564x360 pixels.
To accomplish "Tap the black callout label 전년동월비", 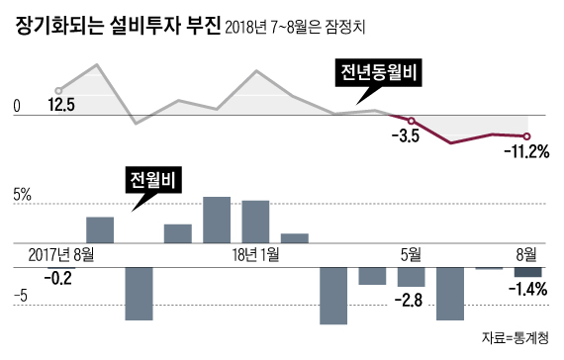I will click(377, 74).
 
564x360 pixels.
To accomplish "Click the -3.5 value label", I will click(407, 136).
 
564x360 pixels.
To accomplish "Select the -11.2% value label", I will click(526, 152).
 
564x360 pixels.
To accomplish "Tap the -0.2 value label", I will click(59, 278).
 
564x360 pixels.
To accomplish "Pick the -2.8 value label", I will click(409, 300).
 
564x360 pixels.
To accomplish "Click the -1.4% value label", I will click(527, 289).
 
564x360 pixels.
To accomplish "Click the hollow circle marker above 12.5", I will click(58, 89).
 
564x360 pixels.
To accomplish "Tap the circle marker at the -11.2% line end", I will click(527, 136).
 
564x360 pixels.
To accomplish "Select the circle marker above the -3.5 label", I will click(412, 121).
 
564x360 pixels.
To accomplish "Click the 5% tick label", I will click(22, 196).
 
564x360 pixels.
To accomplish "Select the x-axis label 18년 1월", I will click(254, 254).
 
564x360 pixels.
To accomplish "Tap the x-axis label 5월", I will click(409, 254).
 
